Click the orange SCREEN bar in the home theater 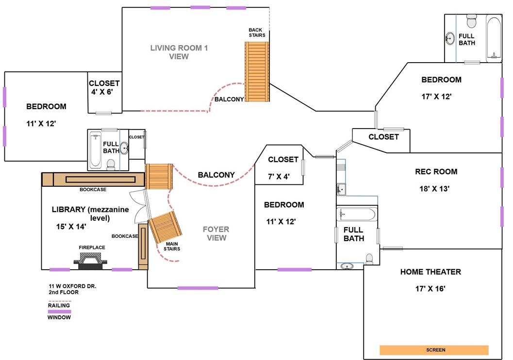pyautogui.click(x=434, y=350)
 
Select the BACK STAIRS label pyautogui.click(x=257, y=33)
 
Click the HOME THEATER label pyautogui.click(x=430, y=272)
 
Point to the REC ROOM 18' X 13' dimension pyautogui.click(x=435, y=189)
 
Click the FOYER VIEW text pyautogui.click(x=216, y=233)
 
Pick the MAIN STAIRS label pyautogui.click(x=172, y=246)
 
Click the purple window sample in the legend pyautogui.click(x=59, y=312)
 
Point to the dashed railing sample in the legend pyautogui.click(x=59, y=300)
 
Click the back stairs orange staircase pyautogui.click(x=257, y=71)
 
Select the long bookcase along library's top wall pyautogui.click(x=93, y=180)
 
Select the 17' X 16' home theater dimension pyautogui.click(x=430, y=289)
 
